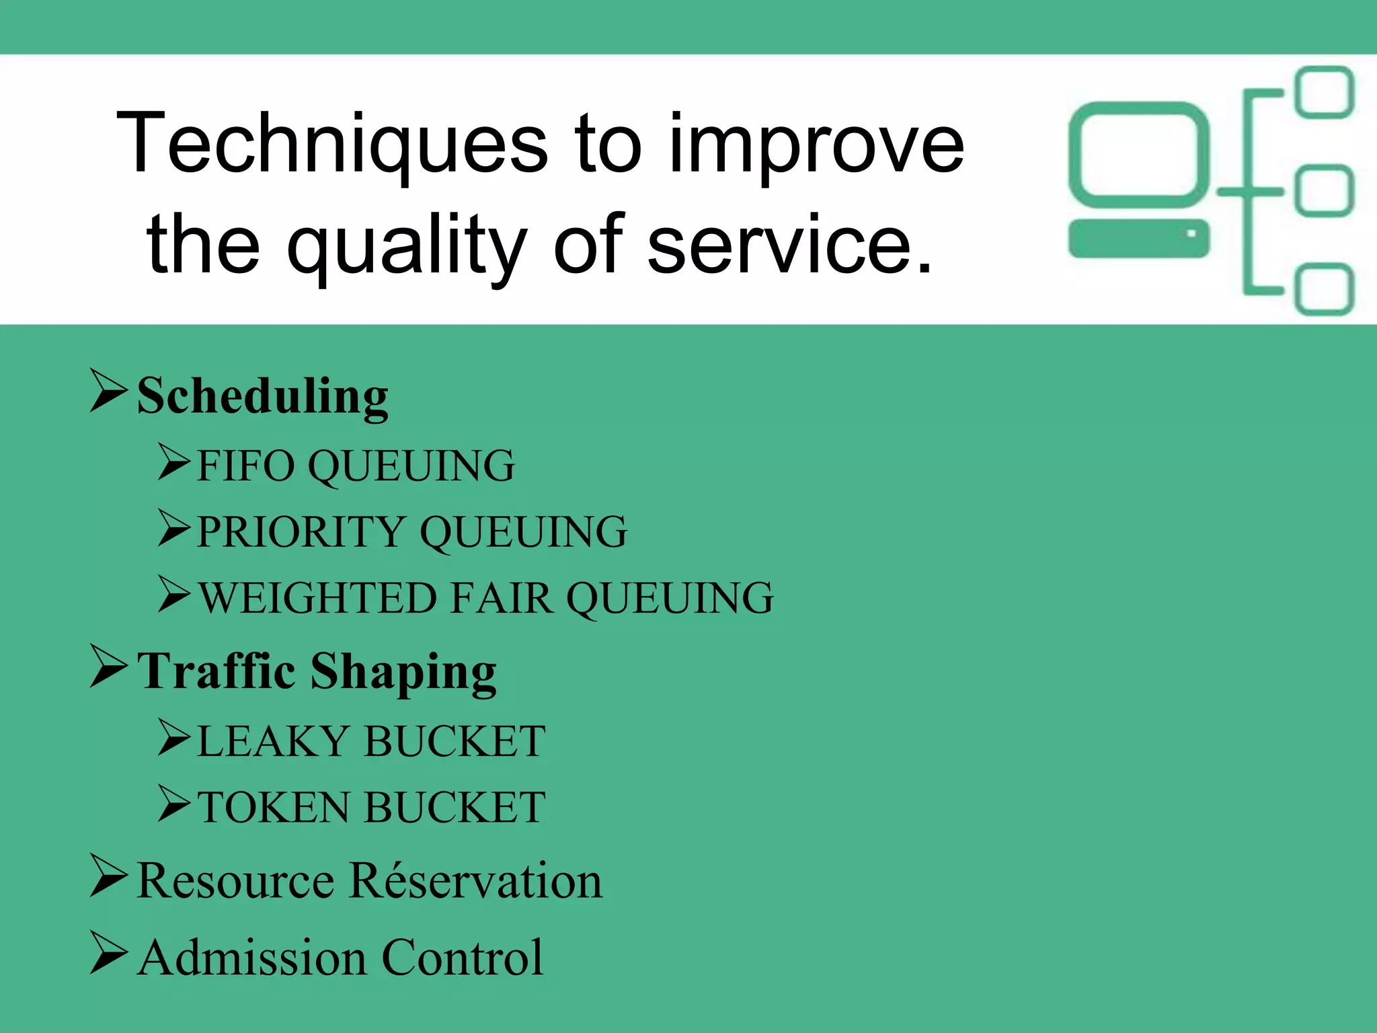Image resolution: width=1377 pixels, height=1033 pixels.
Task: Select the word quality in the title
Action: click(x=407, y=245)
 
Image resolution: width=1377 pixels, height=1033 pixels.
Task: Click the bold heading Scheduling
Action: click(x=262, y=397)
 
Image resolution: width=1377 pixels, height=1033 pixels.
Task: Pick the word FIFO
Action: click(x=245, y=465)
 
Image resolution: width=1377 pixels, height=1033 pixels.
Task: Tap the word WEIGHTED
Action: click(x=319, y=598)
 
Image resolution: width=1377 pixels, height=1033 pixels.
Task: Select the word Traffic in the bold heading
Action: click(x=217, y=671)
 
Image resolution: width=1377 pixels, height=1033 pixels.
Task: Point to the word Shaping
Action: click(x=403, y=673)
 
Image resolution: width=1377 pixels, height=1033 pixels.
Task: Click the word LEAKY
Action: click(x=272, y=741)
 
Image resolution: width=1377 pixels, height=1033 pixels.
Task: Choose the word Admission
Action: click(x=253, y=958)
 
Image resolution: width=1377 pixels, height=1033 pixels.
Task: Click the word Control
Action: click(x=463, y=958)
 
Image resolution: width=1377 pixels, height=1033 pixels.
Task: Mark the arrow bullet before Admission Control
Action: click(x=108, y=953)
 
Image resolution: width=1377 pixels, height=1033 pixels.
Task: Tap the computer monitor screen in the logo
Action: click(x=1139, y=154)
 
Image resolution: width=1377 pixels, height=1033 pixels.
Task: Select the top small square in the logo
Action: click(x=1325, y=92)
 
